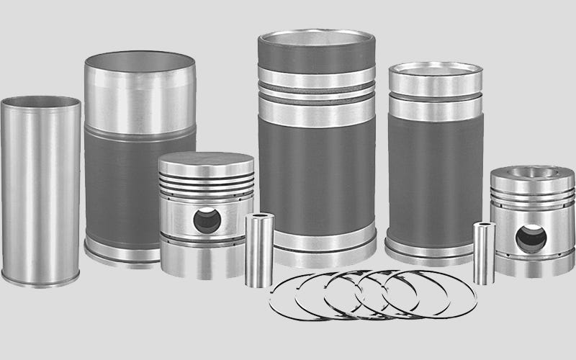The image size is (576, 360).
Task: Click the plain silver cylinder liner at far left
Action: [40, 194]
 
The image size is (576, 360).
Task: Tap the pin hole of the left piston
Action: [207, 220]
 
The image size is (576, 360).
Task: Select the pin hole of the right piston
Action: [531, 238]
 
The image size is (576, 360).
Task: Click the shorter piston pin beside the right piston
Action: [483, 253]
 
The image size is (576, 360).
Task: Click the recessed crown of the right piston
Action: [533, 173]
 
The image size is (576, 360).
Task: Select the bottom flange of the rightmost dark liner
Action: [432, 248]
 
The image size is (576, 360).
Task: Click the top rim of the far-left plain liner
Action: [40, 102]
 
